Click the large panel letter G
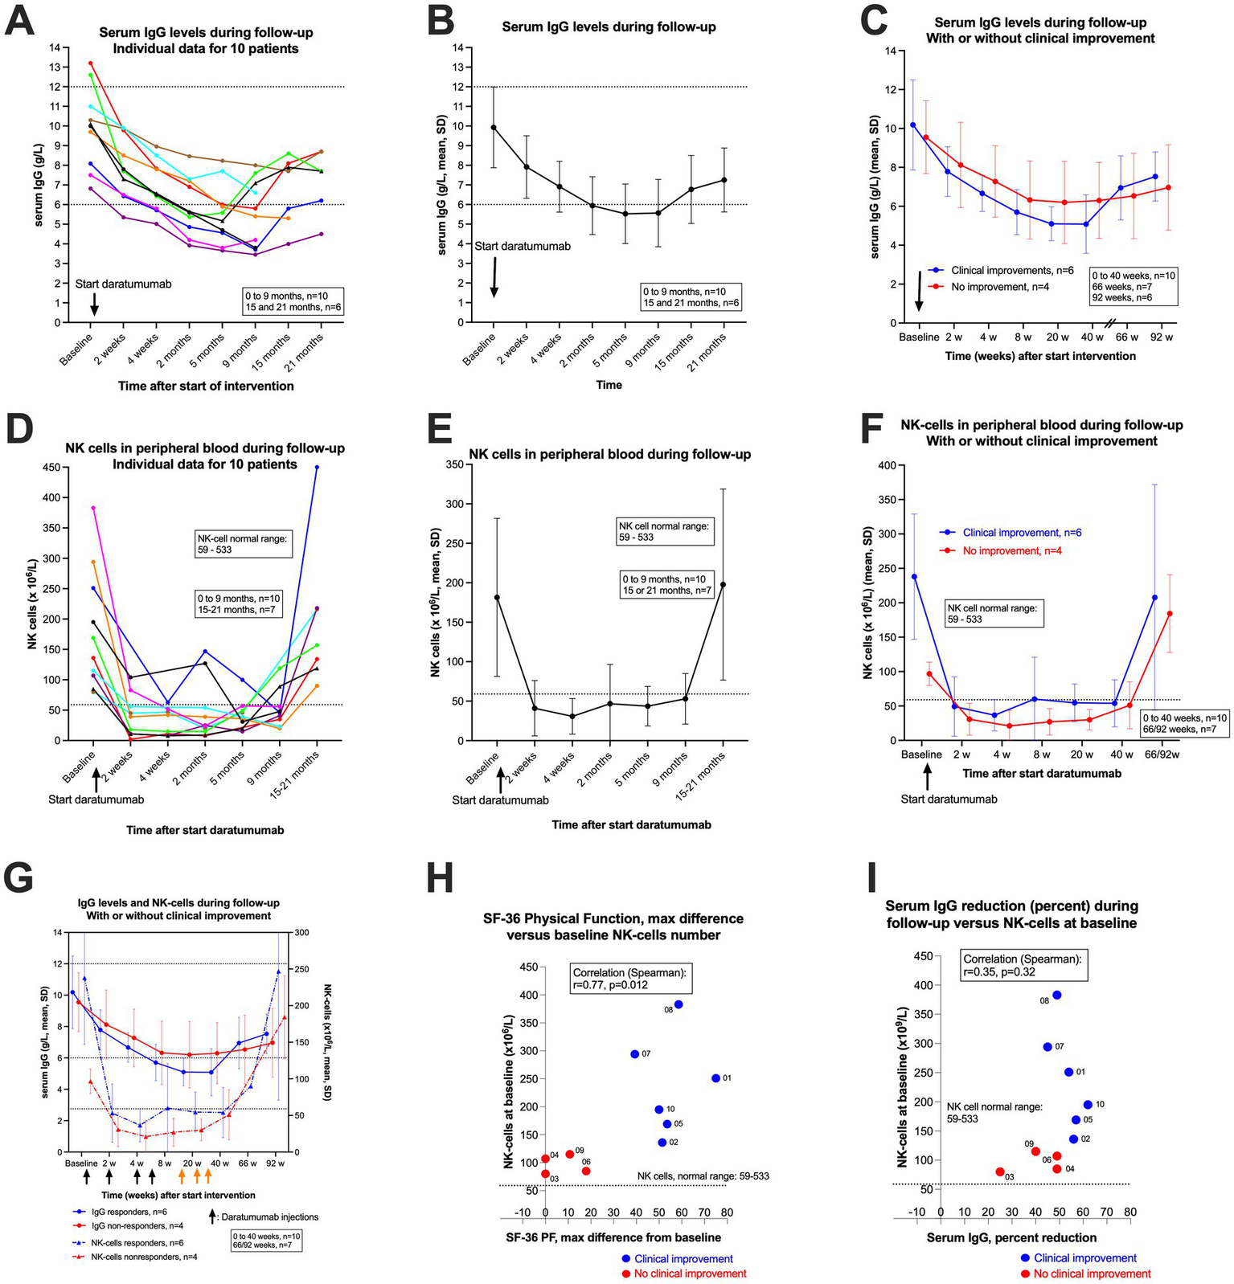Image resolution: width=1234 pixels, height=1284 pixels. (19, 878)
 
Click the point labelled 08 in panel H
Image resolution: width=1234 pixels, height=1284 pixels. (678, 1004)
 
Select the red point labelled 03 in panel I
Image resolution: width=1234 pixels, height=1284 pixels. (1000, 1172)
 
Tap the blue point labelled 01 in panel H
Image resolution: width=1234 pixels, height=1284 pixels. (715, 1078)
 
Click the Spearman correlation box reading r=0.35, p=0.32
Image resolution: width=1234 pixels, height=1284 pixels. (1024, 966)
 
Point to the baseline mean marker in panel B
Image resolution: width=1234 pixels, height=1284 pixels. (494, 127)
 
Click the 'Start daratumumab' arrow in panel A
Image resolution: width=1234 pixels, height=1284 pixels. (94, 305)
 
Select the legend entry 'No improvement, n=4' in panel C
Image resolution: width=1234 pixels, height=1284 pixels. (990, 287)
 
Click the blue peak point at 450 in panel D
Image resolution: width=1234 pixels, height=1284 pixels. (317, 467)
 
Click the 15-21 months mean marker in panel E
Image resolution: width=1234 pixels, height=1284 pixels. (723, 584)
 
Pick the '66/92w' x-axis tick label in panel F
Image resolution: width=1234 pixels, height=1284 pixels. (1162, 754)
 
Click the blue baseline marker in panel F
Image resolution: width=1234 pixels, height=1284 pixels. (914, 577)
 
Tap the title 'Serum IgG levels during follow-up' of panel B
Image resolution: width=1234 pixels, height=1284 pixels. (609, 27)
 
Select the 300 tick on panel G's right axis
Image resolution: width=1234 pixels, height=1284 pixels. (301, 933)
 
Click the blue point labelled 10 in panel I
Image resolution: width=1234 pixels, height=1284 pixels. (1088, 1105)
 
